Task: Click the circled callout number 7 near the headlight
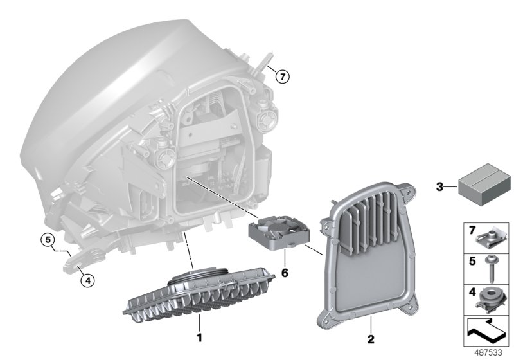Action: point(282,76)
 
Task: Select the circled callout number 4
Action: point(88,279)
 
